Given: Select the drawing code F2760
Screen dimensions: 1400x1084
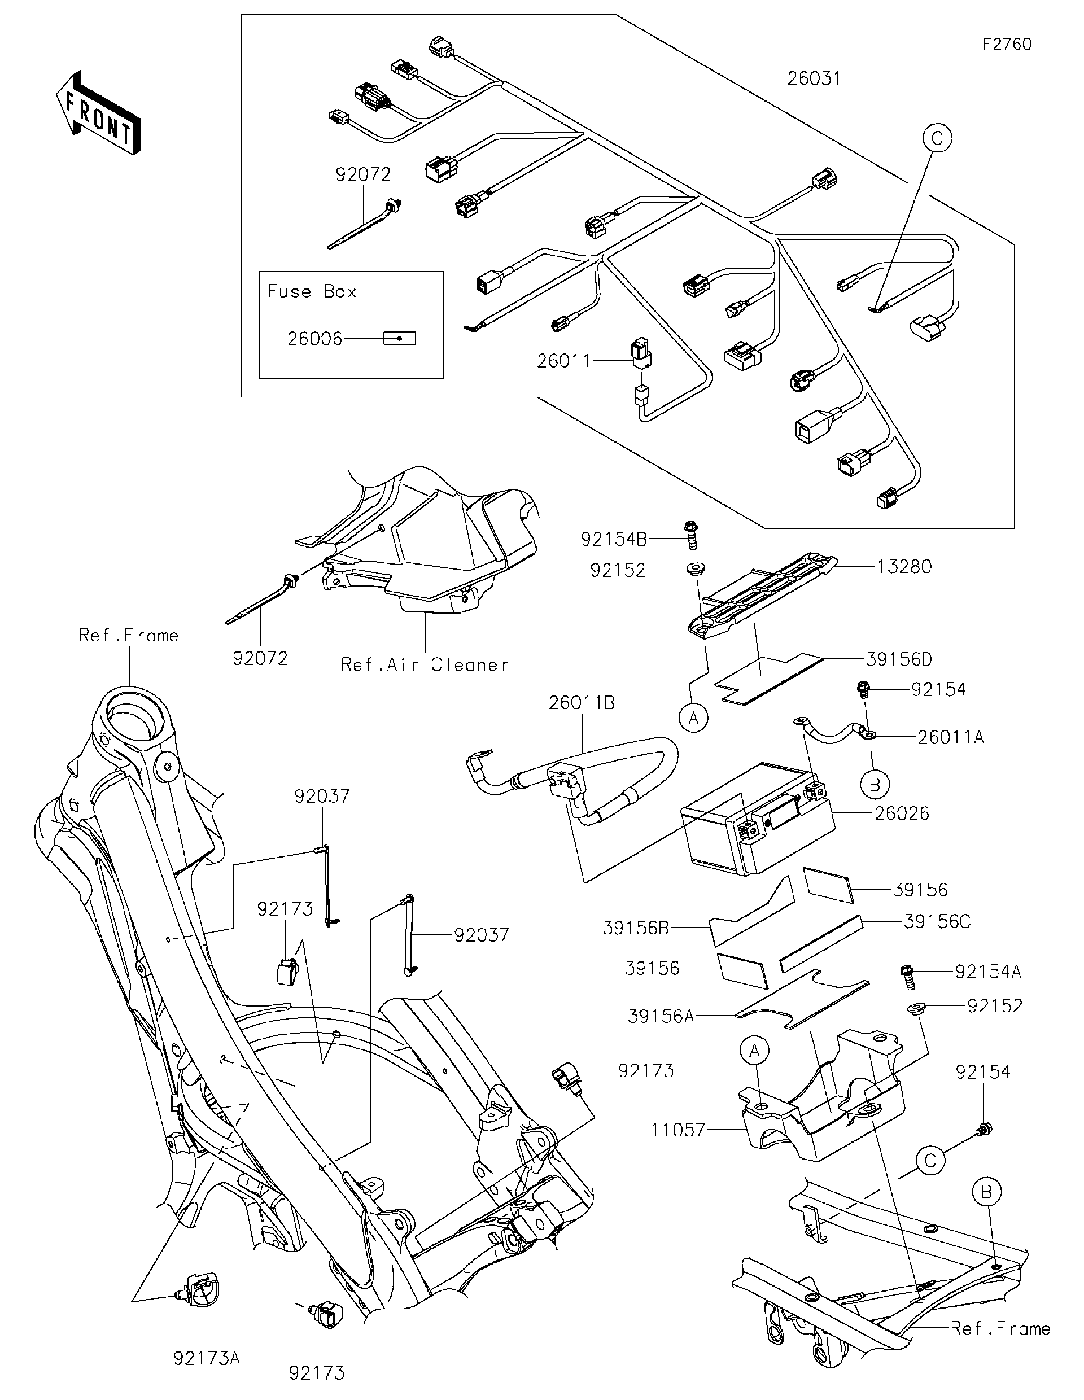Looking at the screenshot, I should [x=1007, y=44].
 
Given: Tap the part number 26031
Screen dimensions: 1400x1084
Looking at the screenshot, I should [x=814, y=78].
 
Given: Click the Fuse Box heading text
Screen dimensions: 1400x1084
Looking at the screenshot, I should [x=312, y=292].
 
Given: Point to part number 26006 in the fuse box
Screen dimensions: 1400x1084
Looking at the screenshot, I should [x=314, y=339].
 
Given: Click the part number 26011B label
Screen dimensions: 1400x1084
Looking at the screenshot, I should [x=582, y=703].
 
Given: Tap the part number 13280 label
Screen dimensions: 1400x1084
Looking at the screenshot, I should [x=904, y=567].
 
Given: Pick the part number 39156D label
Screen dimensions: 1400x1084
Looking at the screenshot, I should [x=899, y=659].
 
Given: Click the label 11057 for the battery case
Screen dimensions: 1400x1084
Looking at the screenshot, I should [x=677, y=1130].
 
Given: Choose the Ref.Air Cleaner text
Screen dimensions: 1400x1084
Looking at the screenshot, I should [x=425, y=665].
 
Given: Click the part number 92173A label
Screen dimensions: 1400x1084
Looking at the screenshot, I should [x=207, y=1358].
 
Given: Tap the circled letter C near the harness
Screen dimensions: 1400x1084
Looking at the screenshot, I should [x=937, y=138].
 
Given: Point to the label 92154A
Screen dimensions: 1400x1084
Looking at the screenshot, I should [x=987, y=972].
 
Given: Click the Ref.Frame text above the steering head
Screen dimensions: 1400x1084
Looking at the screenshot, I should [x=128, y=635].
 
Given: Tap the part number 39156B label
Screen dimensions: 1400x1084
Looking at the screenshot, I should [x=636, y=928].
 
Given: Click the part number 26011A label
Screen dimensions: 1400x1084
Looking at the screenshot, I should [x=950, y=737].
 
